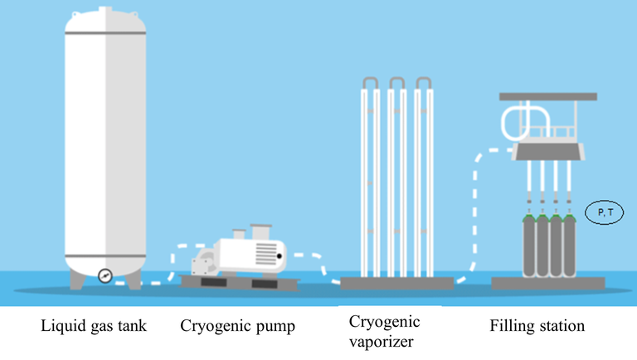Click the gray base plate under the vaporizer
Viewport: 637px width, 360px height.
tap(397, 284)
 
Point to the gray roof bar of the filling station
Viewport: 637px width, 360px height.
tap(548, 97)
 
